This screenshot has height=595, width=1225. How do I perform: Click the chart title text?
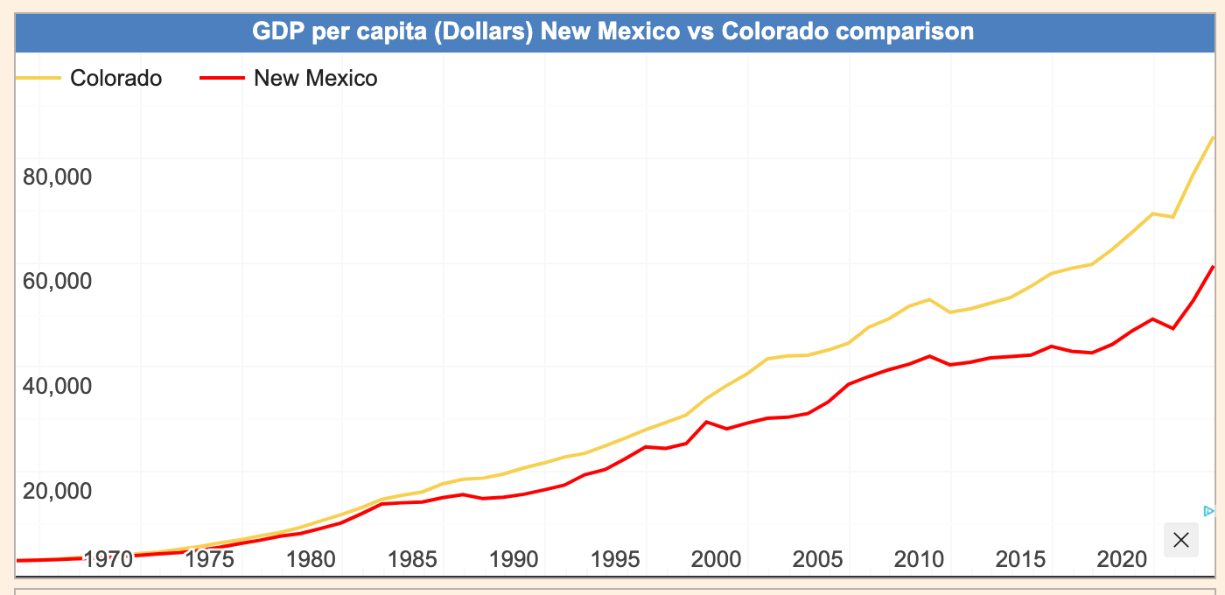tap(612, 32)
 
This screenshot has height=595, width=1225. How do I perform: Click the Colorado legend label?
tap(115, 79)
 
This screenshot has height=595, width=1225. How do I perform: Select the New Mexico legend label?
tap(315, 79)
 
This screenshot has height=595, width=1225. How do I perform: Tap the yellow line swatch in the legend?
tap(38, 79)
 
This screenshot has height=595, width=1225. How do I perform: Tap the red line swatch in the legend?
tap(220, 79)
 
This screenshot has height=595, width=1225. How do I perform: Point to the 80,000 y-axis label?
tap(56, 177)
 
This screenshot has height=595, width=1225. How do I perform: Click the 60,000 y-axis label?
tap(56, 281)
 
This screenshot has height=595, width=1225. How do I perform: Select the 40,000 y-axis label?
tap(56, 386)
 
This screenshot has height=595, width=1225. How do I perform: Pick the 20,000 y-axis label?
tap(56, 490)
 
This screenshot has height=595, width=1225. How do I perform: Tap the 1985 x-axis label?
tap(412, 559)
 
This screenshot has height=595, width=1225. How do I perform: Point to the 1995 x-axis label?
tap(615, 559)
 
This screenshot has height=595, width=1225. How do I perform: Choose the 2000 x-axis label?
tap(717, 559)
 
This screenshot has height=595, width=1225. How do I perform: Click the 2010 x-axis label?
tap(919, 559)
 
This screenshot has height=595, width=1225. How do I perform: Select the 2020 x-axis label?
tap(1122, 559)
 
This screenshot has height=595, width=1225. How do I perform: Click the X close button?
tap(1180, 540)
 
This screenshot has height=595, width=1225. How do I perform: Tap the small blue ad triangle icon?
tap(1208, 511)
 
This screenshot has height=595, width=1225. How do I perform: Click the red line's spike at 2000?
tap(706, 422)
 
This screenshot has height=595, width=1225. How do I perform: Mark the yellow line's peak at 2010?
tap(928, 299)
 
